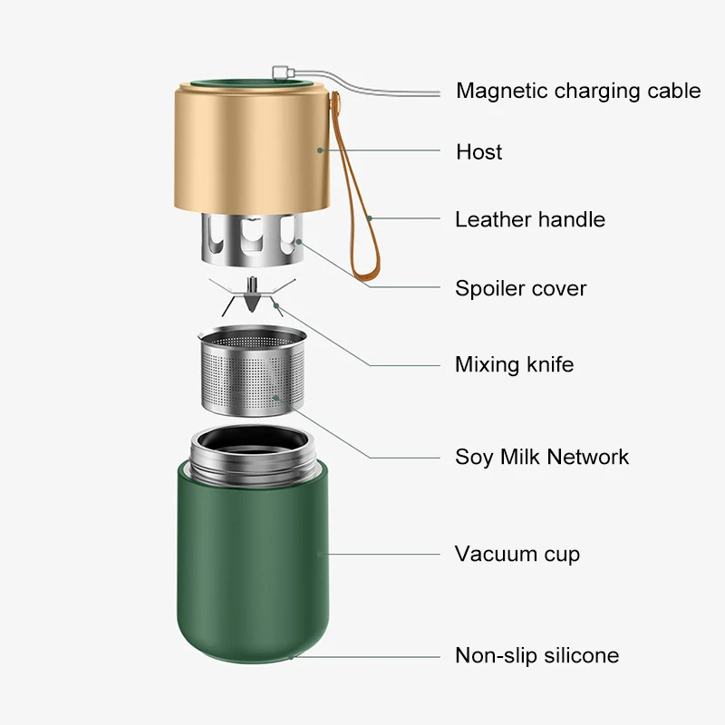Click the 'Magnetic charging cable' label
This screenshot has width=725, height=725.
(x=578, y=91)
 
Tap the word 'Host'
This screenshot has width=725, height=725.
(x=479, y=152)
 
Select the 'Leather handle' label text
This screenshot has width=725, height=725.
(x=530, y=219)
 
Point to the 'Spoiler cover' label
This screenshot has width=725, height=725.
(x=521, y=289)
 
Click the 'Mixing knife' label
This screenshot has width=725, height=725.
(x=515, y=365)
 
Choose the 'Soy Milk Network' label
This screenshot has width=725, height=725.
(x=542, y=457)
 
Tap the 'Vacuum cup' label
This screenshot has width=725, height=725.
(x=517, y=554)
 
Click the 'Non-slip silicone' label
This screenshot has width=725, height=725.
(x=537, y=655)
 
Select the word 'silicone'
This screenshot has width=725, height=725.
(x=579, y=655)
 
